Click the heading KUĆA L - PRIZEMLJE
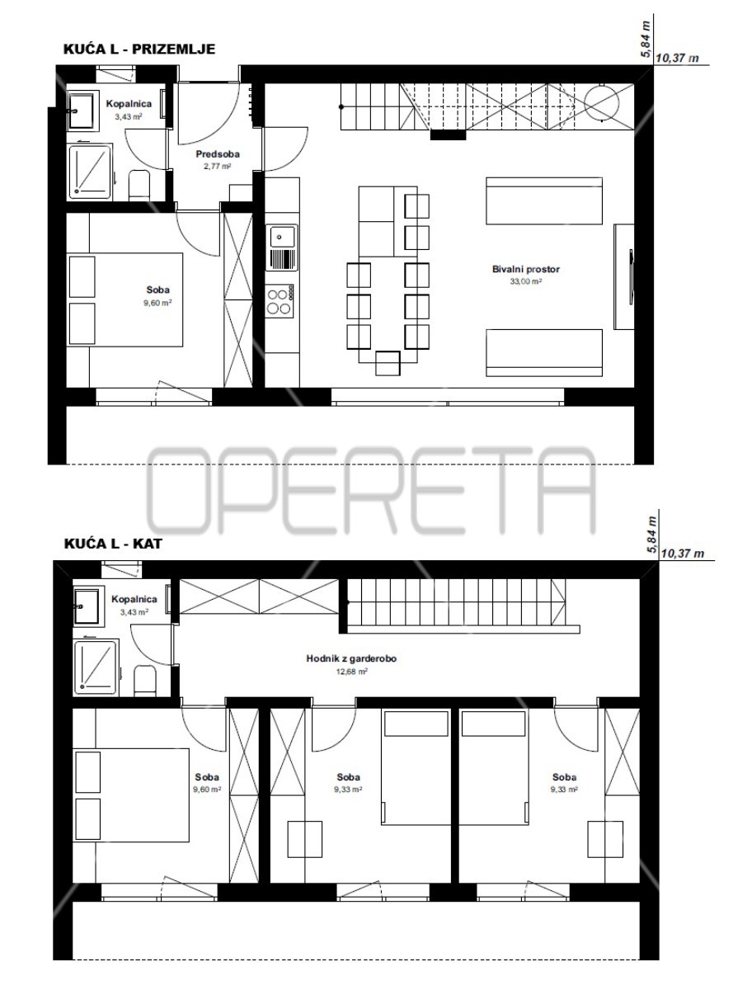click(x=139, y=49)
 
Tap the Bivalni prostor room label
click(x=526, y=269)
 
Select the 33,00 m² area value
click(x=526, y=281)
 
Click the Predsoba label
click(x=213, y=154)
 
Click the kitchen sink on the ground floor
click(x=282, y=239)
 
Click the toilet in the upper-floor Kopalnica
click(x=144, y=680)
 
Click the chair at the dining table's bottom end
click(x=387, y=361)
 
